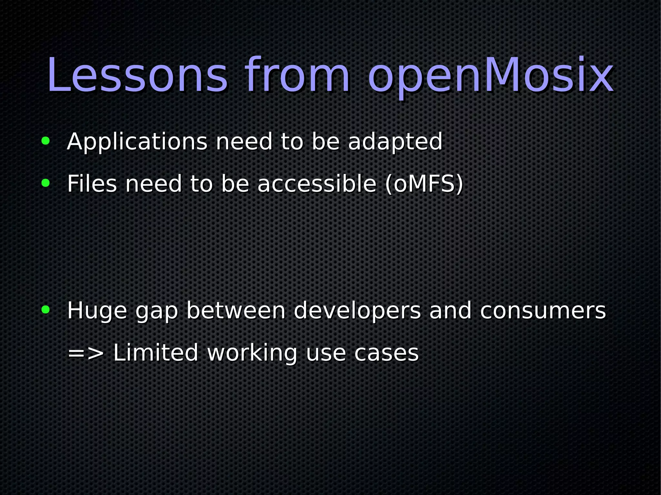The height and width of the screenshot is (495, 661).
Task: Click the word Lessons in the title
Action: tap(137, 76)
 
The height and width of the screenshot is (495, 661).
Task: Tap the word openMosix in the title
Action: tap(491, 76)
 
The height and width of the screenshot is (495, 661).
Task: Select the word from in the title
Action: tap(297, 76)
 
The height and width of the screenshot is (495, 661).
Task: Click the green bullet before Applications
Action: tap(46, 141)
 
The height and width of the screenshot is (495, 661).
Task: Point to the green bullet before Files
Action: tap(46, 183)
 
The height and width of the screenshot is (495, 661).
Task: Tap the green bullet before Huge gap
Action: tap(46, 310)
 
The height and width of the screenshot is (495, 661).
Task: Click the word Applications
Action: tap(137, 142)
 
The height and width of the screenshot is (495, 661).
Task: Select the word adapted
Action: tap(395, 142)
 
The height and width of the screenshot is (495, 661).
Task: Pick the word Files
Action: tap(92, 184)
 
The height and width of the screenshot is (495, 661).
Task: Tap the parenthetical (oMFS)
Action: tap(424, 184)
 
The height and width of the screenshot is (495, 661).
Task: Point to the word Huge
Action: tap(97, 311)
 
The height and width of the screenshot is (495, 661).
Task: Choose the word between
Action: tap(236, 311)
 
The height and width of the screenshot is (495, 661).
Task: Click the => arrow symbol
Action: tap(86, 353)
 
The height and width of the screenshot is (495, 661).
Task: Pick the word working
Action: tap(252, 353)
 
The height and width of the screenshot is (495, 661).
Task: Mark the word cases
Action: tap(386, 353)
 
